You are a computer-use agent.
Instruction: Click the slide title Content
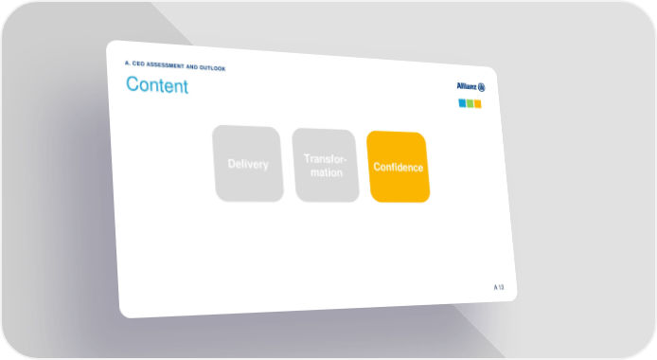click(157, 85)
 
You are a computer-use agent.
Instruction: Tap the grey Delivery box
click(248, 164)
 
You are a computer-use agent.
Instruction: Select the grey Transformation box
click(326, 165)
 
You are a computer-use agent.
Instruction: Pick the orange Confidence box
click(398, 167)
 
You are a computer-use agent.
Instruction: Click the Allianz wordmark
click(467, 86)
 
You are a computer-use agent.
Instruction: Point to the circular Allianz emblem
click(482, 87)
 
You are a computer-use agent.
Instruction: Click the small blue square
click(462, 102)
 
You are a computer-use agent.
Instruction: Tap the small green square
click(471, 103)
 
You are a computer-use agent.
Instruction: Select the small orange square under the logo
click(478, 103)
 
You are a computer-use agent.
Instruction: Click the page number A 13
click(499, 287)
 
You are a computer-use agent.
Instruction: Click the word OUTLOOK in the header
click(212, 68)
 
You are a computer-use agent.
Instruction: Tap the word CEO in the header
click(138, 63)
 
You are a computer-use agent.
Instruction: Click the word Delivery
click(248, 164)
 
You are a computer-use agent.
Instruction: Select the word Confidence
click(398, 168)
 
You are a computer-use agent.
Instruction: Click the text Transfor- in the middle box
click(325, 159)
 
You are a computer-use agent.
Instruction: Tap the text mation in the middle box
click(327, 172)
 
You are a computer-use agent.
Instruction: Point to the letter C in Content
click(132, 83)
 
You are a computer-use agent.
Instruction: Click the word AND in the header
click(191, 66)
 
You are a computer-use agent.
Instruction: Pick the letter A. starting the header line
click(128, 63)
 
